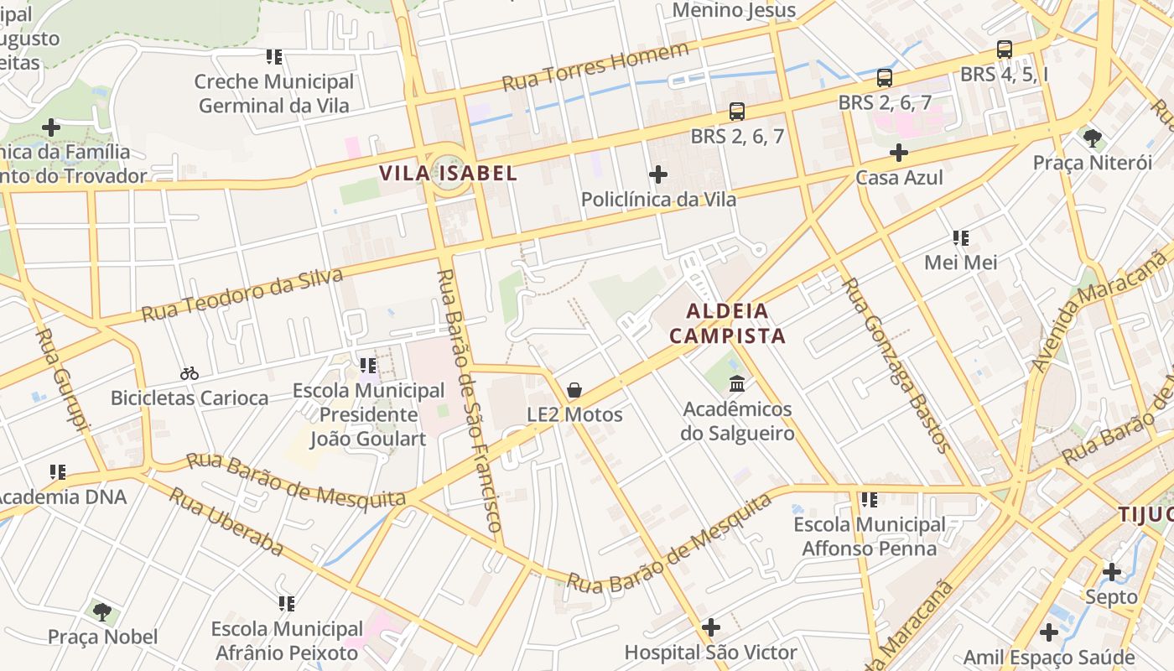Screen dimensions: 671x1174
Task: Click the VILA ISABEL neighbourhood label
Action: (x=448, y=174)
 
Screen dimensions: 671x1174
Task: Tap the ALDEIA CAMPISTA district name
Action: (x=727, y=324)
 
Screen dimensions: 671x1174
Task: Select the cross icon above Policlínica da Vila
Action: (x=658, y=174)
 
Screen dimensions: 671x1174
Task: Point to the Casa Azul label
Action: (x=899, y=178)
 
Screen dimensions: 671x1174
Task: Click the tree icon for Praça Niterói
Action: (x=1092, y=138)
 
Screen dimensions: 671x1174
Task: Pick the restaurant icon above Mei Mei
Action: (x=961, y=238)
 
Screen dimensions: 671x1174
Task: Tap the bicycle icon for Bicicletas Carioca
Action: (x=190, y=373)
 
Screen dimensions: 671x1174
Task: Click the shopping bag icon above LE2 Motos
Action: (x=574, y=390)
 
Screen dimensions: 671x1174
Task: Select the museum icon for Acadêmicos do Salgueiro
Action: (x=737, y=384)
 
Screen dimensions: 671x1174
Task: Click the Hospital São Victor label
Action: (x=710, y=652)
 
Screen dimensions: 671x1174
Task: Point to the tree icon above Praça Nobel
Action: (x=102, y=612)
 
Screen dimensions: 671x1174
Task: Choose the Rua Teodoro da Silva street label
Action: (x=242, y=295)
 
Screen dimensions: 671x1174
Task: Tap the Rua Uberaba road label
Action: (x=226, y=520)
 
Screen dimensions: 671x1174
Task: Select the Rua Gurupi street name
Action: (x=63, y=382)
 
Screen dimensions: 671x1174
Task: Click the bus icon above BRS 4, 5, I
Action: (x=1005, y=49)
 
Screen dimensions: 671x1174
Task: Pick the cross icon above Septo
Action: (x=1111, y=572)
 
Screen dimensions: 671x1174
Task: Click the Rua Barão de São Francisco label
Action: (x=470, y=401)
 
